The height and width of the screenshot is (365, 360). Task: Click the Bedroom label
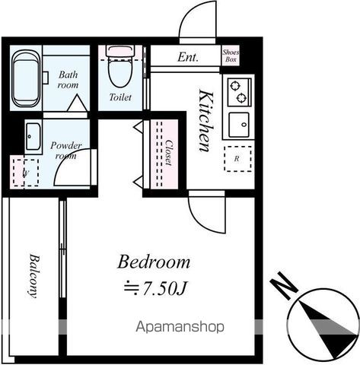tap(154, 262)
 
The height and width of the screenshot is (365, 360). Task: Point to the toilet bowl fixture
tap(120, 67)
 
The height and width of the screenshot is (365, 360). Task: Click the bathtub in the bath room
tap(26, 78)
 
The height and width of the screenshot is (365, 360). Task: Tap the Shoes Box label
tap(231, 56)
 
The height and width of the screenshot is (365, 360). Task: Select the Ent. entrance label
tap(187, 57)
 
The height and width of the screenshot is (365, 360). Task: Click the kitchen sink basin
tap(239, 125)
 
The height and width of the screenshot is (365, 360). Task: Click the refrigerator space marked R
tap(237, 159)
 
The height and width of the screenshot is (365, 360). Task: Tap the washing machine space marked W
tap(26, 173)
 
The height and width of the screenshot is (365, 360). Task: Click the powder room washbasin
tap(33, 137)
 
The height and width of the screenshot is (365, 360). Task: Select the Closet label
tap(169, 153)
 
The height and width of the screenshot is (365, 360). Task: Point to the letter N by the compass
tap(284, 286)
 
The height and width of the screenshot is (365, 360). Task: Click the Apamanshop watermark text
tap(180, 327)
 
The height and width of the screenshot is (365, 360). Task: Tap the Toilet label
tap(120, 97)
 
